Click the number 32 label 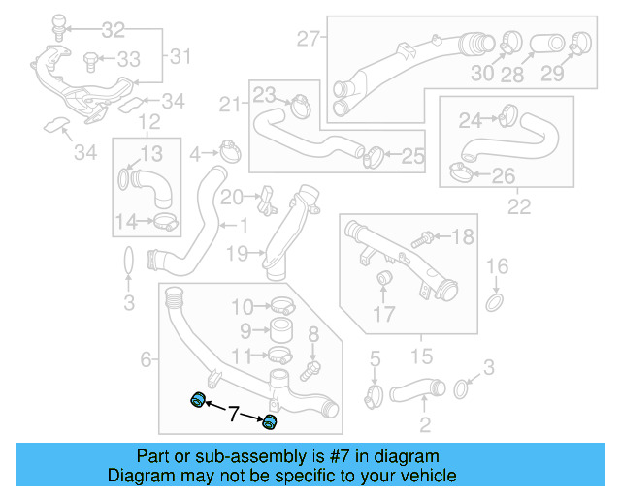coord(114,29)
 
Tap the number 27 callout coord(309,40)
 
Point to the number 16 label coord(496,266)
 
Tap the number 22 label coord(519,206)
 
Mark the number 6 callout coord(147,360)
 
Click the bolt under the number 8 coord(310,369)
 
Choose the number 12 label coord(147,122)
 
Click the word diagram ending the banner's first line coord(412,455)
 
